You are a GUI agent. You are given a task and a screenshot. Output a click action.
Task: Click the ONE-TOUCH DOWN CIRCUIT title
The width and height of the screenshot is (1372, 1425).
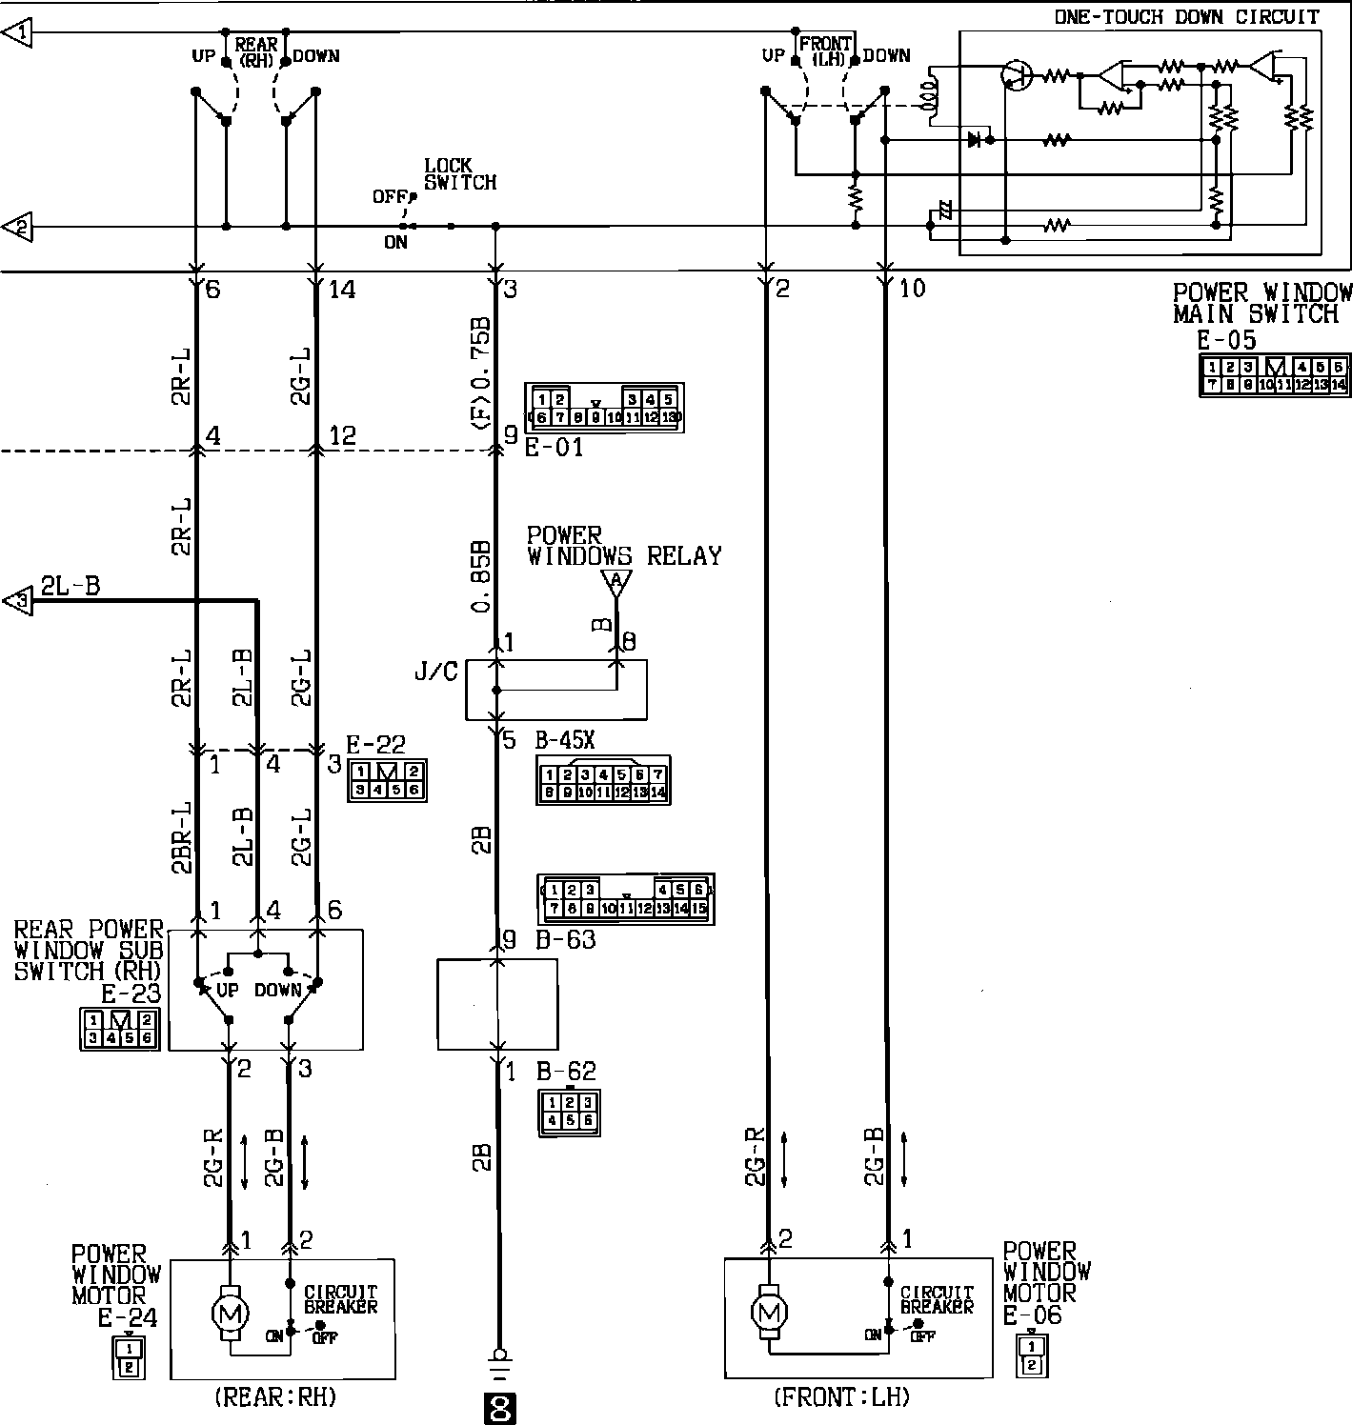coord(1186,16)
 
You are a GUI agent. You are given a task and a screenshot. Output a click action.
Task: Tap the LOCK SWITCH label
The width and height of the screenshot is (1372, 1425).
coord(460,174)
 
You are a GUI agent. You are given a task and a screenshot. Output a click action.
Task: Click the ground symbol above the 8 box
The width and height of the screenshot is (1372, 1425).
coord(497,1358)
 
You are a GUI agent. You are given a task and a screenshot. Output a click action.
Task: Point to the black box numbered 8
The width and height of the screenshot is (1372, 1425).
coord(499,1408)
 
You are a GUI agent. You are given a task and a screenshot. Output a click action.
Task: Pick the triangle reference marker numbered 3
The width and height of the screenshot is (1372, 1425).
coord(17,601)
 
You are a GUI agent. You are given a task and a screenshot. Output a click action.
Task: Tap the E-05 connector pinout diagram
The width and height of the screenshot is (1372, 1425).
coord(1273,375)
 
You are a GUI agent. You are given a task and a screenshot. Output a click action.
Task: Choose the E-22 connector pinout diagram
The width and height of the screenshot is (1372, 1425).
coord(386,780)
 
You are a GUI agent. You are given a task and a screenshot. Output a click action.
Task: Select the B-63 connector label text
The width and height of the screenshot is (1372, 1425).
coord(566,940)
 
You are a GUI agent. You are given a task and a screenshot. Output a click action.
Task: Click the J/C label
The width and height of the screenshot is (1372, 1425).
coord(435,672)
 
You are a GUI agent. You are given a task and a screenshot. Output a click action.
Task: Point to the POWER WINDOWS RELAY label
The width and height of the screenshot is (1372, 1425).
coord(624,546)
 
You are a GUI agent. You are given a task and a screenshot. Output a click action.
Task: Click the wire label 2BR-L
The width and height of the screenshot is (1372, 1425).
coord(183,835)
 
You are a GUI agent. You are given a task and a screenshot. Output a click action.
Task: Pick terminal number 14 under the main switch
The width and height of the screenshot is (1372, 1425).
coord(341,289)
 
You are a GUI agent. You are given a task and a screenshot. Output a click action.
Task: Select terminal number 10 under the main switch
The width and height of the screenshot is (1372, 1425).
coord(912,288)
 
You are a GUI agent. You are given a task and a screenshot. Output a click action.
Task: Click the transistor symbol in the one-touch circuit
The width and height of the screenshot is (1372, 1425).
coord(1018,75)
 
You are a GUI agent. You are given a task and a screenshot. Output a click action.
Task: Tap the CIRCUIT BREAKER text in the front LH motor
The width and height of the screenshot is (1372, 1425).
coord(937,1300)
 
